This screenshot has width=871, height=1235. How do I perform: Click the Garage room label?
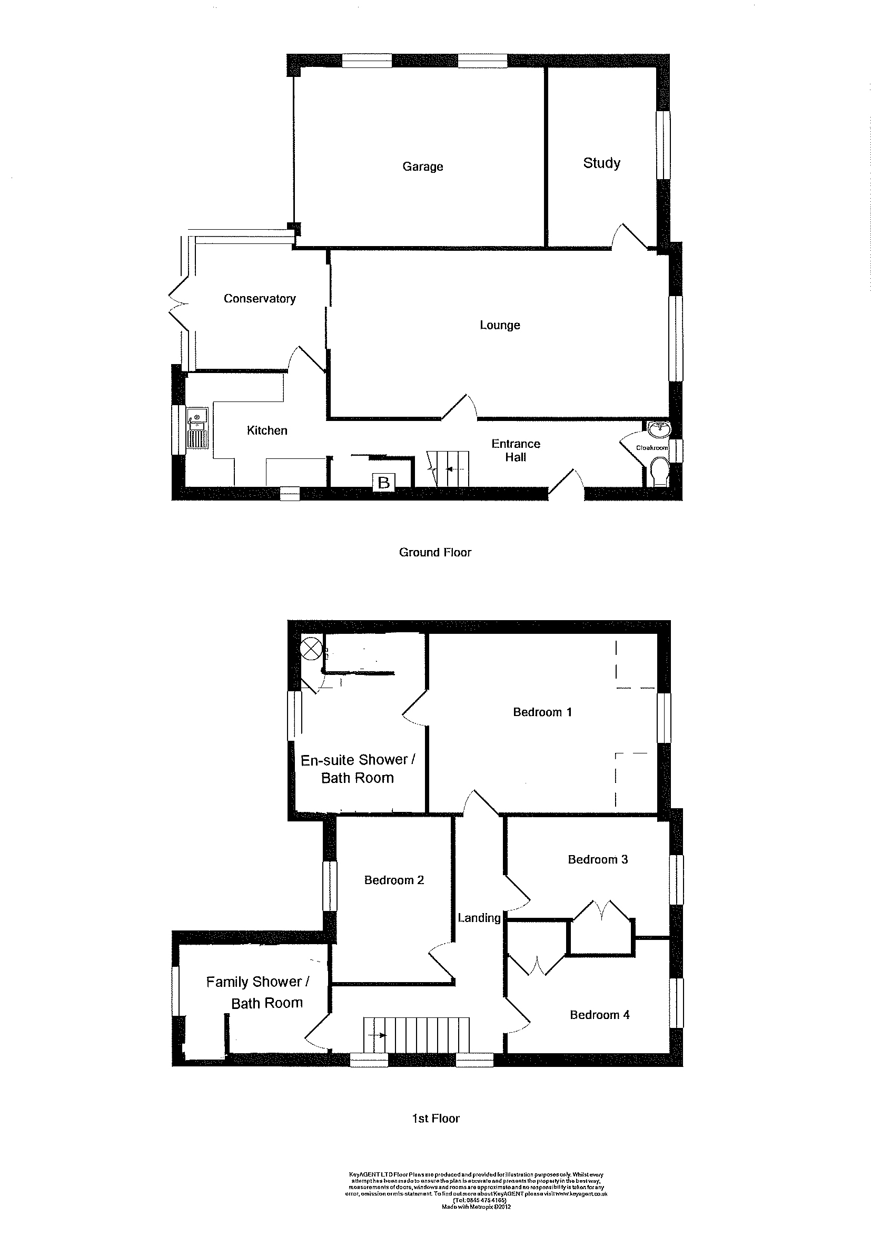[422, 166]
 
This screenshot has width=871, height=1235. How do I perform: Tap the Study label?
[601, 163]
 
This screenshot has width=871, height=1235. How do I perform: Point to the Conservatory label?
[260, 299]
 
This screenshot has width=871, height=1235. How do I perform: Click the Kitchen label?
[266, 430]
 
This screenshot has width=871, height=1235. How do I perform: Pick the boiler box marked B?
[384, 482]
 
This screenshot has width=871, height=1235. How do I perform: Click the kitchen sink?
[197, 416]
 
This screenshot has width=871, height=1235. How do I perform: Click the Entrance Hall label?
[516, 450]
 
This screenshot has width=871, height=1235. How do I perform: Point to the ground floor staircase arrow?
[455, 468]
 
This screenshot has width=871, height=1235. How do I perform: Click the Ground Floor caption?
[435, 552]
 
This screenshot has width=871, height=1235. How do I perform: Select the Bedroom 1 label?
[542, 712]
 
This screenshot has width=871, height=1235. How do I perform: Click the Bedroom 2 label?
[394, 880]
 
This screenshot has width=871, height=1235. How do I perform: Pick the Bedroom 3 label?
[598, 859]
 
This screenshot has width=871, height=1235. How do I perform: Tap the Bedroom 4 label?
[599, 1015]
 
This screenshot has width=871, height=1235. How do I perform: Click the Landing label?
[479, 918]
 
